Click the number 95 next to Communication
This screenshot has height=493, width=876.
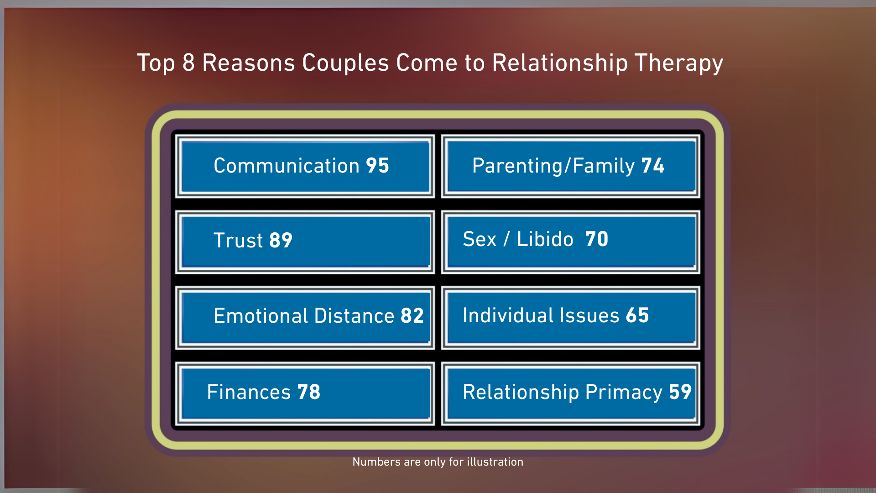tap(377, 166)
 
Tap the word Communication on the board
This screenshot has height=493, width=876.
tap(287, 166)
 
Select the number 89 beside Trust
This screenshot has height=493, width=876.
tap(281, 241)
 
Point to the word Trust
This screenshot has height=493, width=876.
tap(238, 241)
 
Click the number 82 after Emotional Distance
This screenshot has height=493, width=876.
tap(412, 316)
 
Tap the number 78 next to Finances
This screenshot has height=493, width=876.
tap(309, 392)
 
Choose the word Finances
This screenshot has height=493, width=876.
tap(249, 392)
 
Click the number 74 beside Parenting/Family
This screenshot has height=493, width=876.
tap(653, 166)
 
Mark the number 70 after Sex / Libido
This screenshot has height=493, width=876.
tap(597, 239)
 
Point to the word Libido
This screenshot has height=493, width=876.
tap(545, 239)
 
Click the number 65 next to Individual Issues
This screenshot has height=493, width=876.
tap(637, 315)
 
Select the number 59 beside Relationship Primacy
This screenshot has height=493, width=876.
tap(680, 392)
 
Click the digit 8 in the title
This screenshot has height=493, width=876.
tap(188, 63)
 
